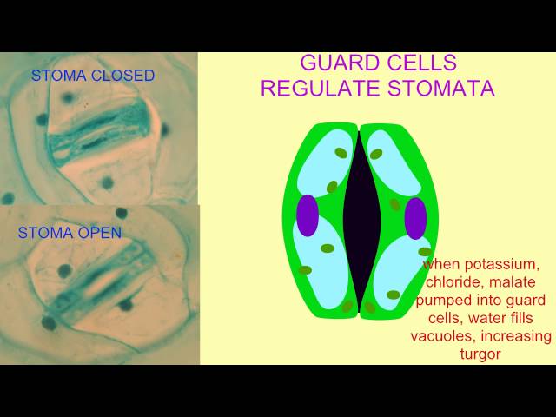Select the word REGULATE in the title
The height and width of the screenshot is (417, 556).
pyautogui.click(x=331, y=89)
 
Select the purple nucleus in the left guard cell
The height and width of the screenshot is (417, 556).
pyautogui.click(x=308, y=215)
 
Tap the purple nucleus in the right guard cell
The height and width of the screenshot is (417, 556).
pyautogui.click(x=415, y=217)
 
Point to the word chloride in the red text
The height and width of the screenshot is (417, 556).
pyautogui.click(x=454, y=282)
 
